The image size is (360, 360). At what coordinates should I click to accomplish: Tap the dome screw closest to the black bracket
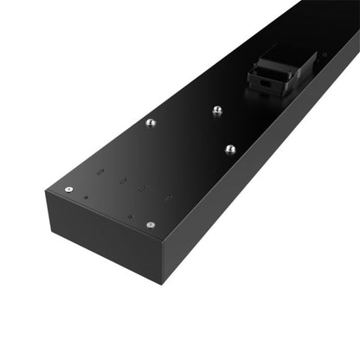coord(216,110)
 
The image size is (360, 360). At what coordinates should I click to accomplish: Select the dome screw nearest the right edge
coord(230,149)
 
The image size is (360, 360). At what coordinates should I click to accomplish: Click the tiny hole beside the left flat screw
coord(87,198)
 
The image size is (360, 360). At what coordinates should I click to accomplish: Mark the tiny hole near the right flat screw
coord(130,216)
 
